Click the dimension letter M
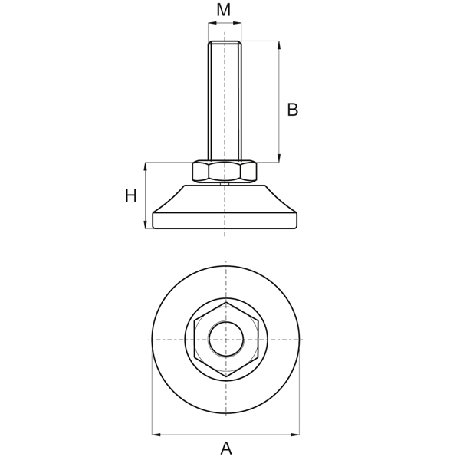pos(224,10)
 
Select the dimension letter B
pos(292,110)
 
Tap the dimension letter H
pos(131,196)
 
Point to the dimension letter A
pos(226,449)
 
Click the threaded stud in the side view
pos(225,100)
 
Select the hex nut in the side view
pos(225,172)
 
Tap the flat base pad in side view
pos(225,221)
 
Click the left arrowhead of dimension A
pos(156,435)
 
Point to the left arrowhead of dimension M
pos(212,24)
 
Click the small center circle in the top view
pos(226,339)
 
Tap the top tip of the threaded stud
pos(225,42)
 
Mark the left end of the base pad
pos(154,221)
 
